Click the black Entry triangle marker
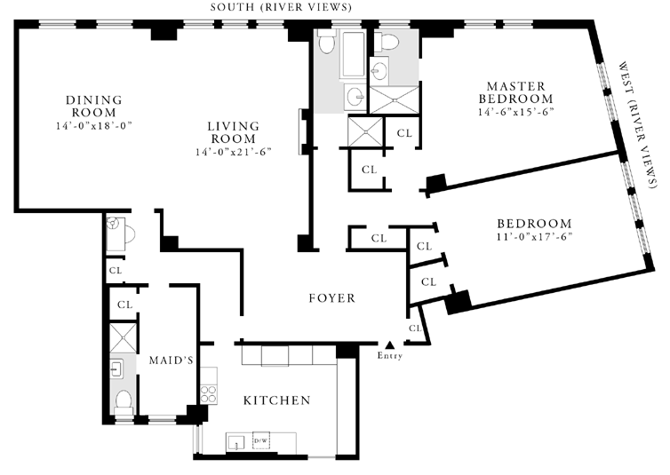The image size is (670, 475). [x=389, y=344]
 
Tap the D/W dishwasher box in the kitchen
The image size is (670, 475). [x=260, y=440]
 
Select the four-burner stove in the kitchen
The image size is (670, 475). [x=209, y=394]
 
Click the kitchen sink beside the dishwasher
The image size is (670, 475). [x=235, y=442]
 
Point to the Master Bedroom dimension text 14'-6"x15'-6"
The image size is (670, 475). [x=516, y=112]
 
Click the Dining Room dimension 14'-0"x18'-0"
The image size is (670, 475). [x=93, y=126]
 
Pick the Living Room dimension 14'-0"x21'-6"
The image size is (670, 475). [x=234, y=152]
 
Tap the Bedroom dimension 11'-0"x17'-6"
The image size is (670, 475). [x=534, y=236]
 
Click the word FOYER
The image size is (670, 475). [x=332, y=298]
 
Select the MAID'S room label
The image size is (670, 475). [x=171, y=360]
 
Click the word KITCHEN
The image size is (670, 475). [x=277, y=400]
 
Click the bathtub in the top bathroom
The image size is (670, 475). [x=353, y=53]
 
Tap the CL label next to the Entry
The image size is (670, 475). [x=415, y=329]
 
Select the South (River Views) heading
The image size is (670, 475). [x=281, y=7]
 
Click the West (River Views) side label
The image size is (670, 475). [x=637, y=124]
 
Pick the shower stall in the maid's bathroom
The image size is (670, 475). [x=124, y=337]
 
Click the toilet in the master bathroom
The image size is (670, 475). [x=386, y=43]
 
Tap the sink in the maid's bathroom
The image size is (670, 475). [x=117, y=368]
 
